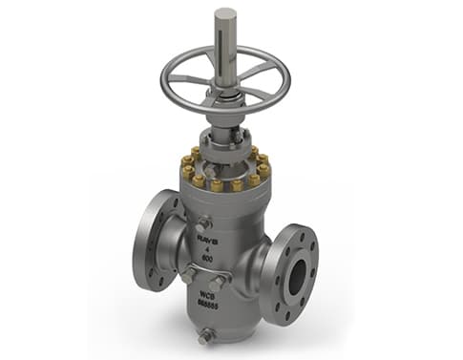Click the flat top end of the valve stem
[225, 13]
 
